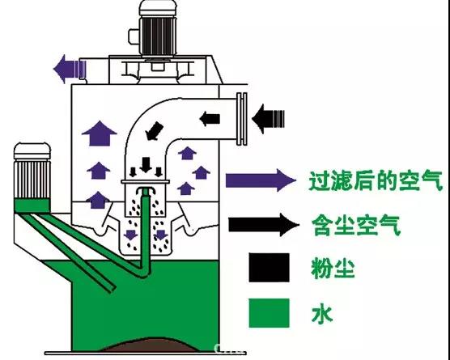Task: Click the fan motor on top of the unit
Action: (157, 28)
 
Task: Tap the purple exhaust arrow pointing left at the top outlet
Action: (70, 69)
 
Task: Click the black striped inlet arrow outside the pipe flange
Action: (269, 119)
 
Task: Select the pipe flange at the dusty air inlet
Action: (242, 119)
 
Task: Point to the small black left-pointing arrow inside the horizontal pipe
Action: (210, 119)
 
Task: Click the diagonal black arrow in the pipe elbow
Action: (154, 131)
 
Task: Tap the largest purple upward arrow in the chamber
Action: (100, 133)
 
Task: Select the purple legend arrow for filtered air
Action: (261, 180)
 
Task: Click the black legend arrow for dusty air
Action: (264, 225)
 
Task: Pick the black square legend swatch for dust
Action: (269, 267)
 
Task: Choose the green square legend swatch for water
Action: (269, 313)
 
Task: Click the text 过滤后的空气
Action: (376, 181)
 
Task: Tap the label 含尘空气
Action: (356, 225)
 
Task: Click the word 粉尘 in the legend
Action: (333, 269)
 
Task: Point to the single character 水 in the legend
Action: (322, 315)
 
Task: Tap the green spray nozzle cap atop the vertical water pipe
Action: (146, 191)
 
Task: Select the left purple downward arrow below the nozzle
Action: (131, 235)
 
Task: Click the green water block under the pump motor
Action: (32, 205)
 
